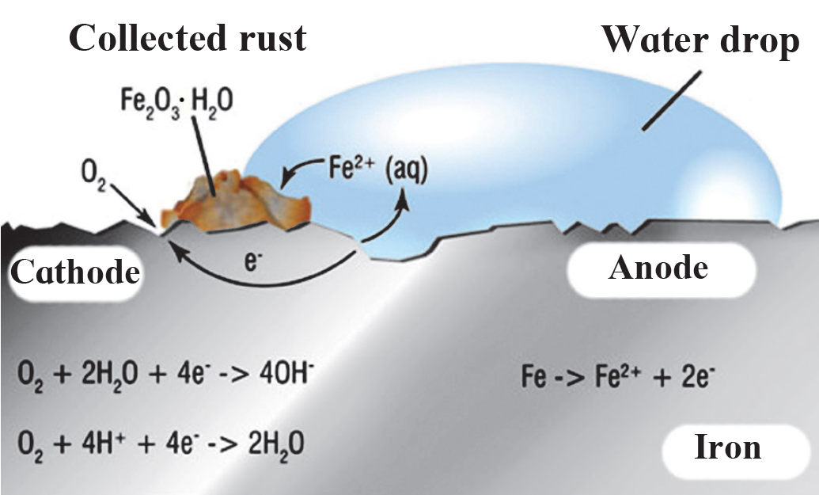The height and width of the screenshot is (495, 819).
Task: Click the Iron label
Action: [727, 447]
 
